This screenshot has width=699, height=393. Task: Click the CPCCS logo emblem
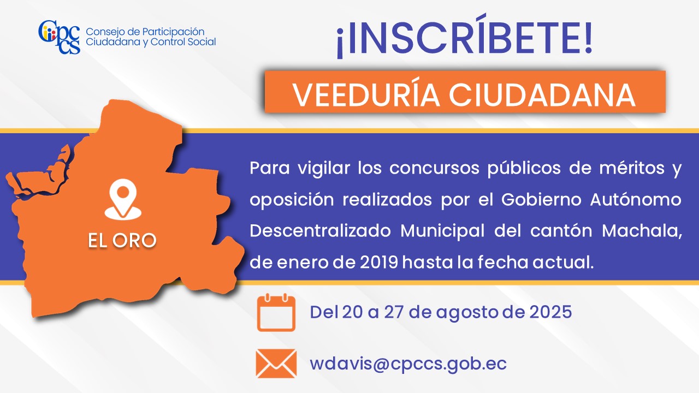coord(60,37)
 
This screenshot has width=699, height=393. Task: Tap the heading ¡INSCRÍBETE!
coord(464,37)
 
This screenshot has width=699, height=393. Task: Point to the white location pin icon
coord(123,199)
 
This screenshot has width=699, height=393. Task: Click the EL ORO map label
coord(122,240)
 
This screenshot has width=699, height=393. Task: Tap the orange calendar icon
coord(276,312)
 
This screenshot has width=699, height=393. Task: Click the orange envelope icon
coord(276,364)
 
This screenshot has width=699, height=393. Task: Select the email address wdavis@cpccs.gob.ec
coord(408,364)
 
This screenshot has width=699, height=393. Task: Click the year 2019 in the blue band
coord(379,263)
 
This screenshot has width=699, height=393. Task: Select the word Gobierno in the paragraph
coord(541,199)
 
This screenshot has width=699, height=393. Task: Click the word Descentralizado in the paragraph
coord(320,231)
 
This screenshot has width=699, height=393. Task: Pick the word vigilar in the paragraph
coord(324,169)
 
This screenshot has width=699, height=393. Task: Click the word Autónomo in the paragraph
coord(636,199)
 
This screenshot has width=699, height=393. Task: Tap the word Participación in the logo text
coord(173,32)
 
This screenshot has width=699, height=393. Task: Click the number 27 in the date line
coord(394,312)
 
